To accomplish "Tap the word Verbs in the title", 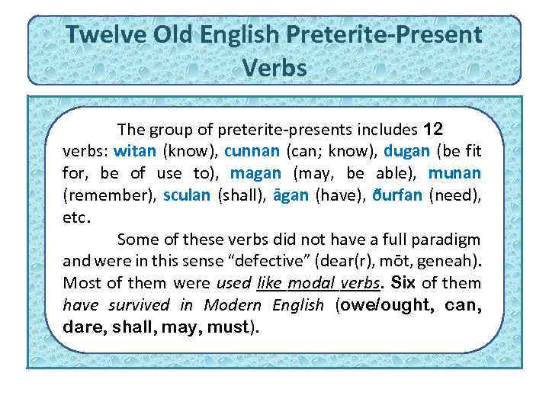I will click(274, 68).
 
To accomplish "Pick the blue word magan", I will click(255, 172).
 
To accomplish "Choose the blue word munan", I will click(454, 172).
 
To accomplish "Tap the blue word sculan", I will click(186, 195).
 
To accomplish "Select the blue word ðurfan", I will click(397, 195).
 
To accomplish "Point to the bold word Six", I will click(403, 282).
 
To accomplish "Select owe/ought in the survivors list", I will click(380, 305).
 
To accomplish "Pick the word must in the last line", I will click(228, 327).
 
